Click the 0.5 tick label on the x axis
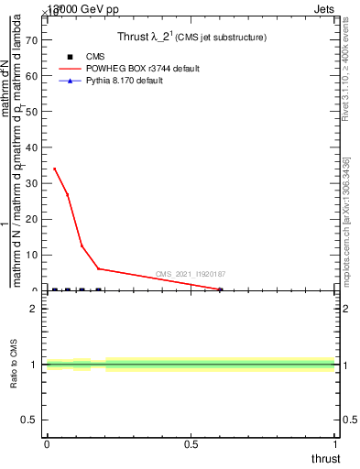[191, 443]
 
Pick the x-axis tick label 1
[335, 443]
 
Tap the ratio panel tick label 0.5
[27, 420]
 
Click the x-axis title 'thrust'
[324, 458]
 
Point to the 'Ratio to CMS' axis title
[15, 365]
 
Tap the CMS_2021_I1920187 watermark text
[191, 274]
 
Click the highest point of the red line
[54, 169]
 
